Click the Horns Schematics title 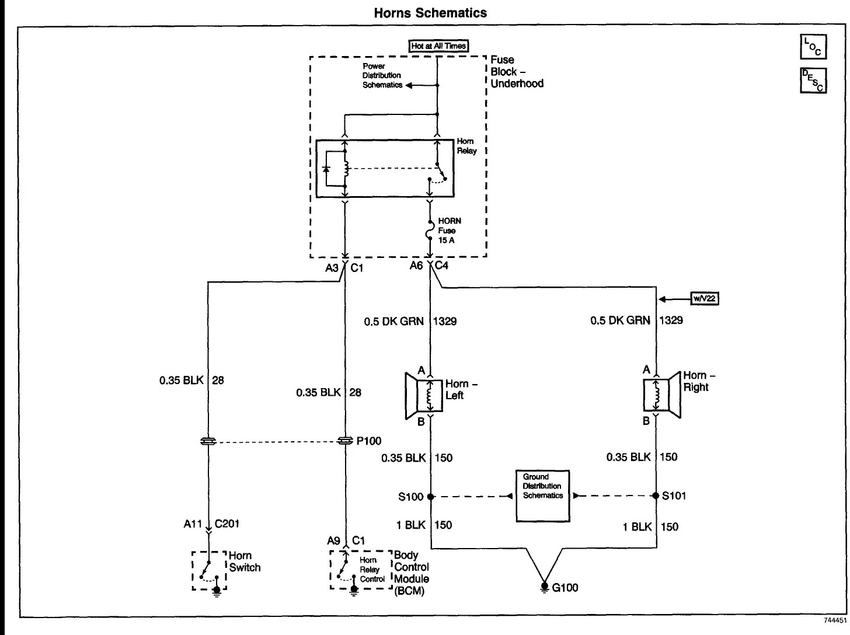[430, 13]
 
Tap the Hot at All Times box [439, 46]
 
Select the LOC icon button [813, 47]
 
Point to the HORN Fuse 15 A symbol [430, 230]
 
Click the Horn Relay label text [466, 146]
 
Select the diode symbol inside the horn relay [326, 169]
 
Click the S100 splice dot [430, 497]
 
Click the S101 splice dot [656, 496]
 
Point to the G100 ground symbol [544, 586]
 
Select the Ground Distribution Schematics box [542, 496]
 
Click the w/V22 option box [705, 299]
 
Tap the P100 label [368, 441]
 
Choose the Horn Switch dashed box [209, 571]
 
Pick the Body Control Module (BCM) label [411, 573]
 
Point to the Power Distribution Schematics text [382, 76]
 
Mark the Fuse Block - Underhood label [516, 71]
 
